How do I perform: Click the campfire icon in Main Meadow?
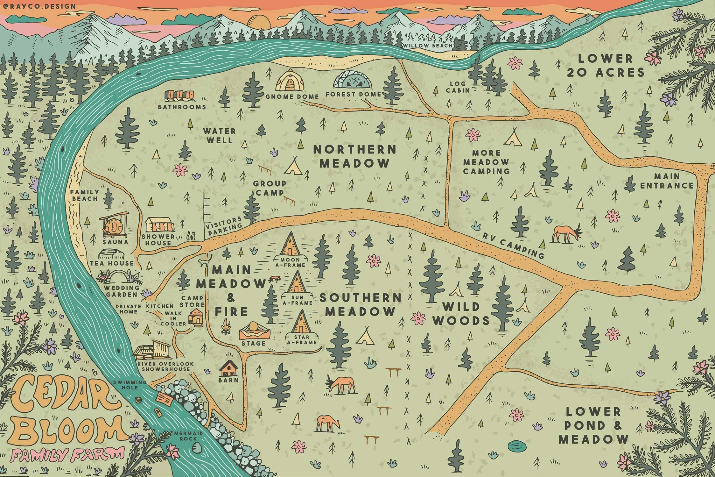pyautogui.click(x=227, y=326)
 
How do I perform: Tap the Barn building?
pyautogui.click(x=228, y=368)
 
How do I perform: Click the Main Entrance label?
pyautogui.click(x=667, y=181)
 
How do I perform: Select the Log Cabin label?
pyautogui.click(x=458, y=87)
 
